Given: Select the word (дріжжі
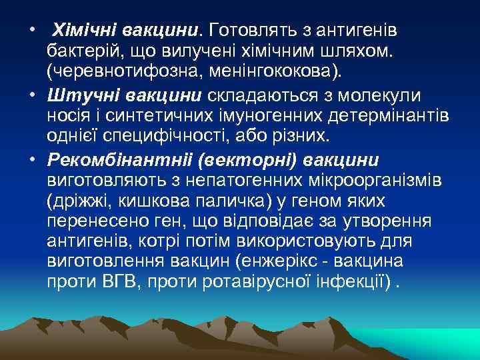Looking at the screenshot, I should pyautogui.click(x=73, y=200).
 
